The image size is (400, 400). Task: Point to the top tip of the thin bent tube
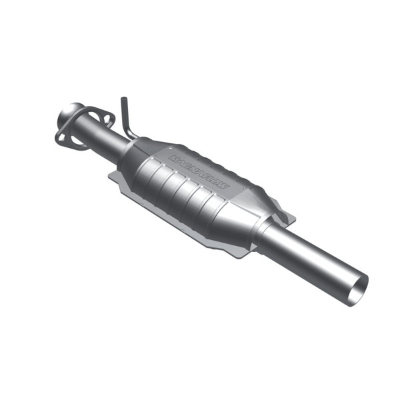tap(123, 100)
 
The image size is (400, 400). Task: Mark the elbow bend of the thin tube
tap(127, 129)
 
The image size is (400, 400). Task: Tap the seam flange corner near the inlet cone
tap(115, 177)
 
